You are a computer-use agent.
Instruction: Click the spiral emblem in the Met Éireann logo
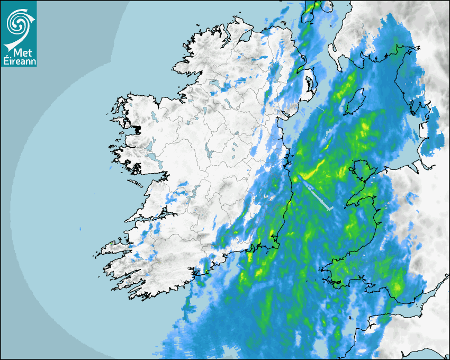19,22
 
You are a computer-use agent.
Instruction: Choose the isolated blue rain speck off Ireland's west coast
80,229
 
